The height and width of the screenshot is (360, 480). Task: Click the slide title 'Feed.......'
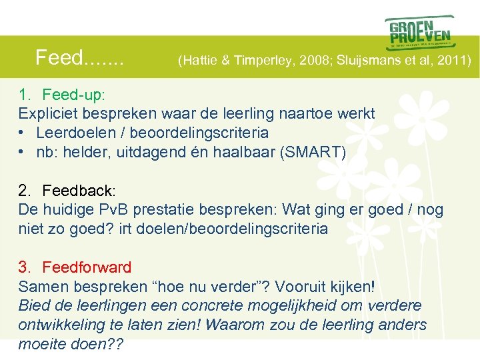[x=79, y=58]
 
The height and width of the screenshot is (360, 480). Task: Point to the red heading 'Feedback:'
[x=73, y=190]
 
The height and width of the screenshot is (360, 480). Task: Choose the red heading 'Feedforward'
[x=87, y=267]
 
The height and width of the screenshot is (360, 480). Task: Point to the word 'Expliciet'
[x=47, y=114]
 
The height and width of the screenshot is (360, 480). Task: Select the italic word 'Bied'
[x=33, y=305]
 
